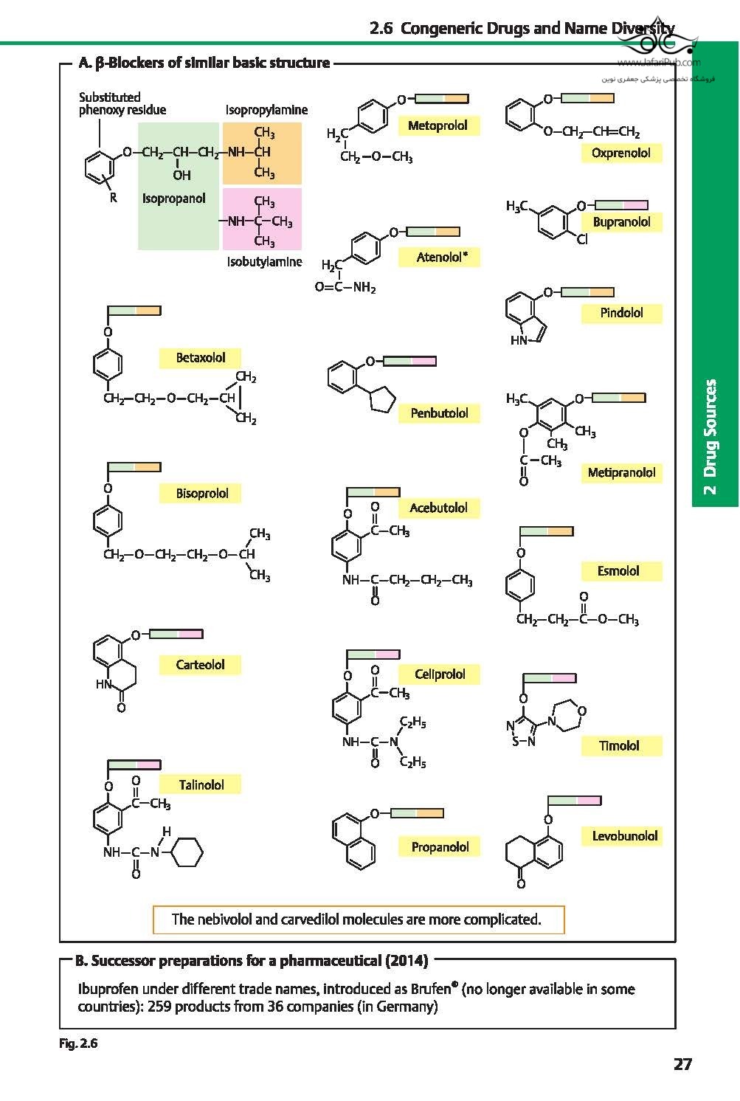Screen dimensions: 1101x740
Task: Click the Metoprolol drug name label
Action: tap(438, 126)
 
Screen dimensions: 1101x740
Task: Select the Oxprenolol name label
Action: tap(620, 153)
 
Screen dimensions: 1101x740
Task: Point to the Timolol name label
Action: tap(619, 746)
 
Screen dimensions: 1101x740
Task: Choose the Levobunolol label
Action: tap(624, 836)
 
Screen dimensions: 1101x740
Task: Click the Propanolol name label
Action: tap(440, 847)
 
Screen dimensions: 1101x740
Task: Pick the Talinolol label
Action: tap(201, 785)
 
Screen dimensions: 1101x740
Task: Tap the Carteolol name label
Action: tap(200, 665)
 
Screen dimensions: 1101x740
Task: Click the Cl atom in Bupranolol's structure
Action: tap(582, 239)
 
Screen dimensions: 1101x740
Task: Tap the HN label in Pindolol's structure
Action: tap(519, 340)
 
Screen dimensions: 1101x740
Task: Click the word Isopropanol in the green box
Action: tap(174, 199)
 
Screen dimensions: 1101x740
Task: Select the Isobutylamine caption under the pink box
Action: tap(264, 262)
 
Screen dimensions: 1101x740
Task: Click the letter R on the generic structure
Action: tap(113, 198)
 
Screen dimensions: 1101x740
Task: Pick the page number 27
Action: tap(682, 1064)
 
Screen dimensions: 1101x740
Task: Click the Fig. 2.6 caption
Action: tap(78, 1043)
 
